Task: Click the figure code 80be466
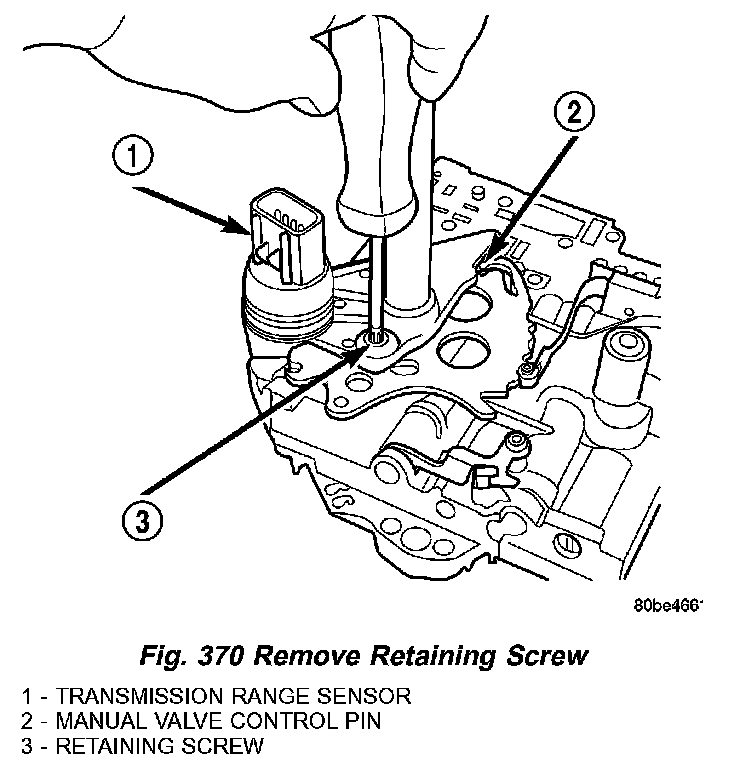tap(668, 605)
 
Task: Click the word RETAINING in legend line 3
tap(103, 745)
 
